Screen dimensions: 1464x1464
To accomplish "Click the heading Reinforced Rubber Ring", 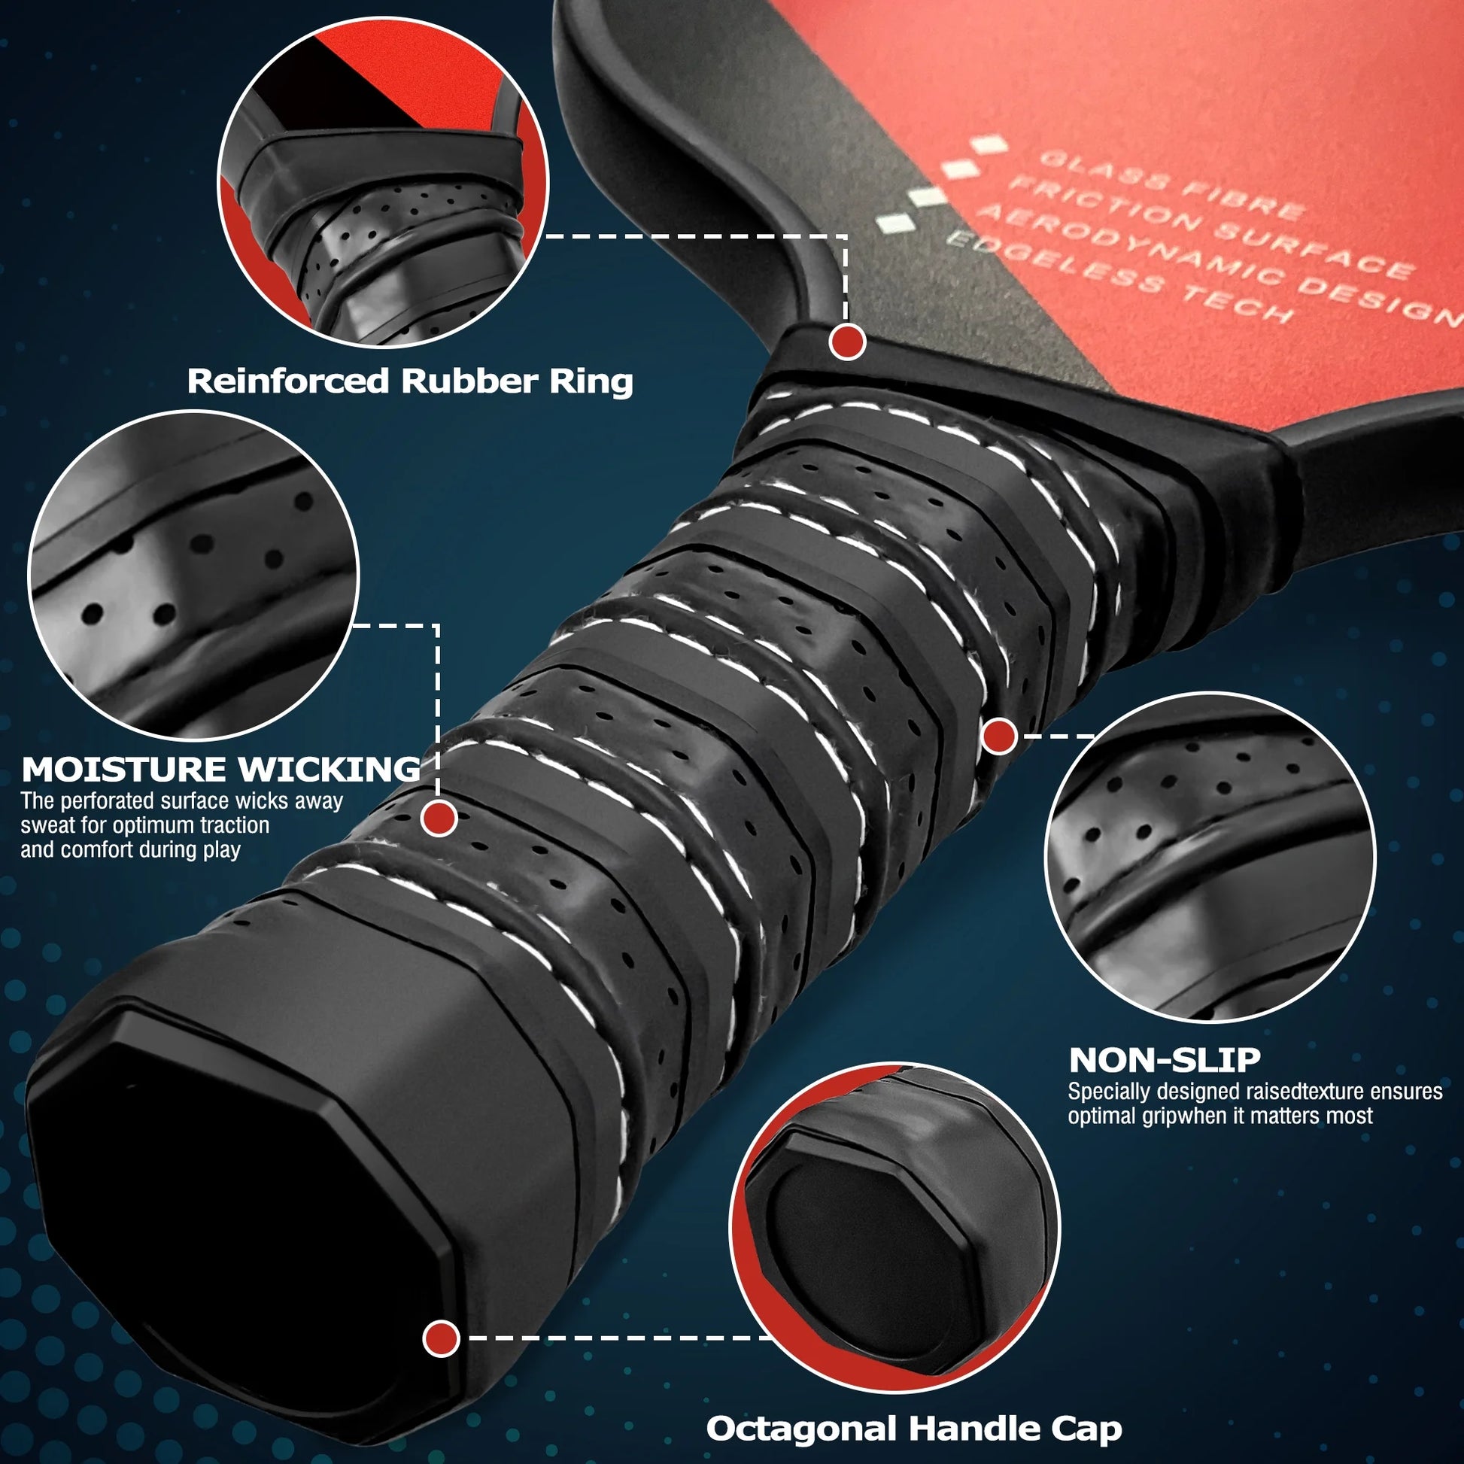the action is pos(410,381).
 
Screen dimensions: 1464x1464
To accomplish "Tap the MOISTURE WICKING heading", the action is pos(220,770).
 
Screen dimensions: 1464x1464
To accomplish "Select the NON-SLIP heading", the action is pos(1165,1060).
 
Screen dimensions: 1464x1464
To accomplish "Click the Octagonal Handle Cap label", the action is pos(914,1429).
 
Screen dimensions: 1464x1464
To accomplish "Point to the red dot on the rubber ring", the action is pos(847,342).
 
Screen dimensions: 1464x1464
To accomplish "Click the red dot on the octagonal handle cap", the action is pos(441,1338).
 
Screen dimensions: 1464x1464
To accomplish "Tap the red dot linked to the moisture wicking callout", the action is pos(439,819).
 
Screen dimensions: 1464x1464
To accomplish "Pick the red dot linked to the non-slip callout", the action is pos(1000,736).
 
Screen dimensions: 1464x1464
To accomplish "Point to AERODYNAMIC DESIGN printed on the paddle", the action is pos(1220,264).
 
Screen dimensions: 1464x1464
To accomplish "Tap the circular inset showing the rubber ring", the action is pos(384,183).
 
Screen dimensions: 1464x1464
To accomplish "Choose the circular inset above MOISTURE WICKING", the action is pos(193,576).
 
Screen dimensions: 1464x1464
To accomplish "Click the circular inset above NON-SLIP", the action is pos(1210,858).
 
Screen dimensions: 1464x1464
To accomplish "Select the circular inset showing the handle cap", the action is pos(894,1229).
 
